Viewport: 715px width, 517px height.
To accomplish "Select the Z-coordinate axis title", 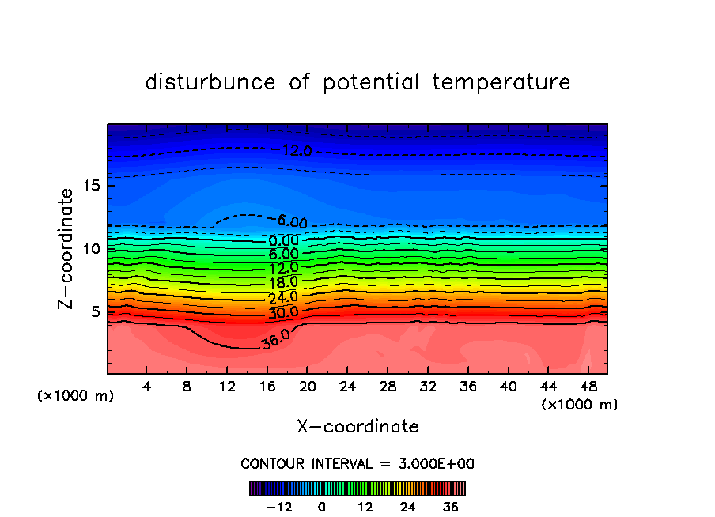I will click(66, 248).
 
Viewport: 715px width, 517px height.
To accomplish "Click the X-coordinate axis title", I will click(357, 427).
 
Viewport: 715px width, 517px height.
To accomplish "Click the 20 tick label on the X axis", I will click(308, 387).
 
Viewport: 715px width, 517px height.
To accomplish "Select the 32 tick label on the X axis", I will click(428, 387).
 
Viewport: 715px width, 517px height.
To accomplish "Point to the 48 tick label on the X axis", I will click(588, 387).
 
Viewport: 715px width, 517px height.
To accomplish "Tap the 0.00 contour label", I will click(283, 240).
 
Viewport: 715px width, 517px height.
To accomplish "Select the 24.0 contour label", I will click(283, 297).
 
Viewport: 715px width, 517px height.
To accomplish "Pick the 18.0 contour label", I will click(283, 282).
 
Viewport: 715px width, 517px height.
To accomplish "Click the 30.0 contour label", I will click(283, 312).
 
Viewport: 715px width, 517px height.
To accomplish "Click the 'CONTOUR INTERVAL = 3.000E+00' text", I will click(357, 463).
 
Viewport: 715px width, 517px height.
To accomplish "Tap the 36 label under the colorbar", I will click(450, 507).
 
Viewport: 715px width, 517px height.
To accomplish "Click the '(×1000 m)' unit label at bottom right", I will click(579, 405).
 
